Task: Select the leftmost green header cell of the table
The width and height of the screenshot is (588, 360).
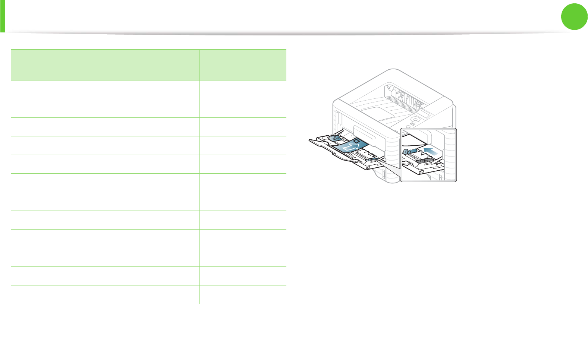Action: pos(43,65)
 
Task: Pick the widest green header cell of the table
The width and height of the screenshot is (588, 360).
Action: pos(243,65)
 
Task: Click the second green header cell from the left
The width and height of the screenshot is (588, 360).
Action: pos(106,65)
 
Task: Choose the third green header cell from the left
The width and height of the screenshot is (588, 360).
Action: pos(168,65)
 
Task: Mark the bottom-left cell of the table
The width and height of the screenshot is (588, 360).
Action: pos(43,294)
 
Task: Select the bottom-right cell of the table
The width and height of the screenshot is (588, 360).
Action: pos(243,294)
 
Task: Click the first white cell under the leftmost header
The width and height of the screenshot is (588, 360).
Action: pos(43,89)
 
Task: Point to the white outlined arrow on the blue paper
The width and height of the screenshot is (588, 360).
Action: pos(350,148)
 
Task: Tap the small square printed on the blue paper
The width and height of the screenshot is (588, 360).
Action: pos(356,141)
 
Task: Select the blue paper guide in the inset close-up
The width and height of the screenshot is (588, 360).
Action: pos(409,151)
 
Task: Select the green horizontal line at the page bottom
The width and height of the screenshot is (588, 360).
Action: pos(150,358)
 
